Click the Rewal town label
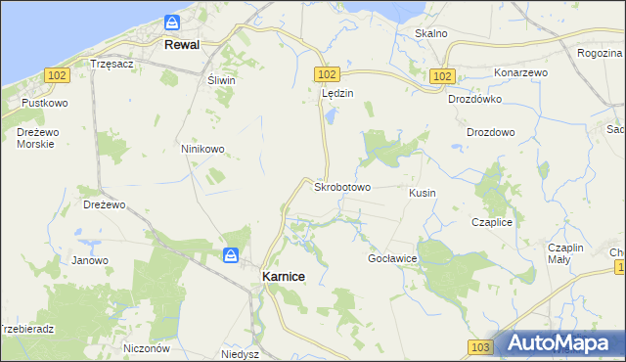click(183, 45)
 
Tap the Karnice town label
click(284, 277)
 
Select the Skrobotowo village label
click(341, 186)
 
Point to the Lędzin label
click(336, 94)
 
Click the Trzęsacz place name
click(111, 63)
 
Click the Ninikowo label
click(202, 149)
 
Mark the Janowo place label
click(90, 260)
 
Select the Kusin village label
click(423, 193)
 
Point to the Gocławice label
click(392, 258)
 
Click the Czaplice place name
click(492, 222)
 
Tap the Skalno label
click(430, 33)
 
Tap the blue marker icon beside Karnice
click(230, 255)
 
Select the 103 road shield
click(479, 347)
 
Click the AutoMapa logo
click(559, 343)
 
